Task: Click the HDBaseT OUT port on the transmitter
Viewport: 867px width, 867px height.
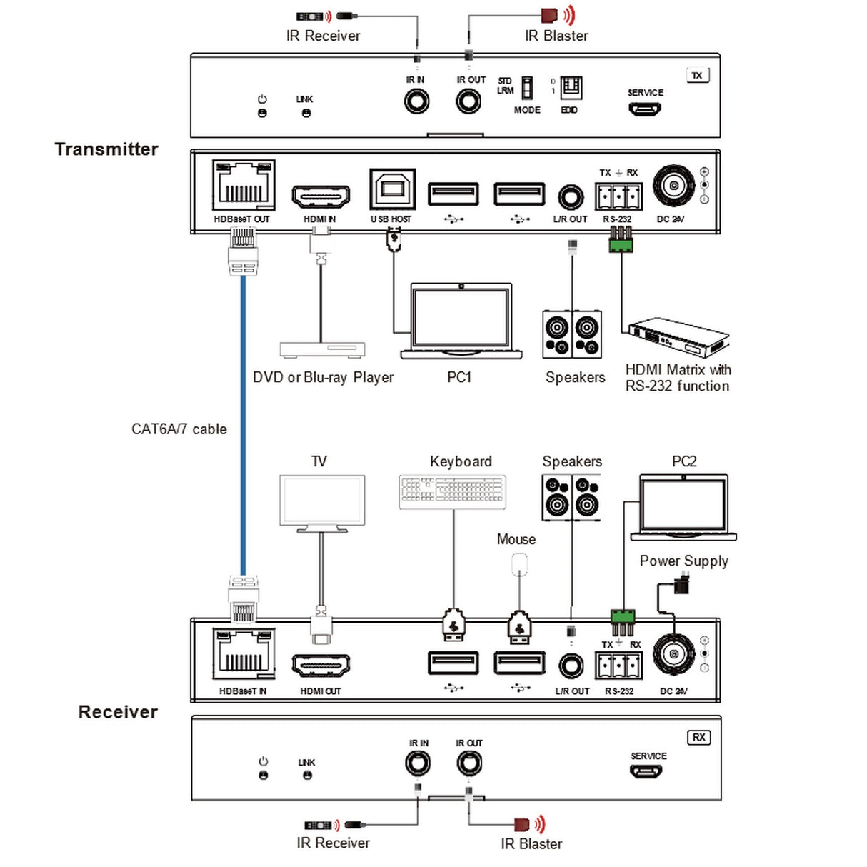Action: click(x=244, y=185)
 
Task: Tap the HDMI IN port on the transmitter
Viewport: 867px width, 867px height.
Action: click(x=321, y=196)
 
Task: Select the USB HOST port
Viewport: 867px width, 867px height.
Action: click(x=392, y=189)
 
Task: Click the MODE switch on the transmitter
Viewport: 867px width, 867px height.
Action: click(x=527, y=89)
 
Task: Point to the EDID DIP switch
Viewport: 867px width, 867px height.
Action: click(x=571, y=88)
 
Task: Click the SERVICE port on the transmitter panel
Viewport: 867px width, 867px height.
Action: click(x=644, y=109)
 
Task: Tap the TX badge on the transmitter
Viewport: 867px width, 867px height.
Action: click(x=697, y=75)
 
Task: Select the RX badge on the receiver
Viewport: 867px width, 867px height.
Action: click(x=698, y=737)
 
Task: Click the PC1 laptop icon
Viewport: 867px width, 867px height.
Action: click(x=461, y=321)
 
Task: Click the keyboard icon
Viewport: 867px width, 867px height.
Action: click(x=453, y=492)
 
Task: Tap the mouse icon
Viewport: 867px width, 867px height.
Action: click(x=519, y=565)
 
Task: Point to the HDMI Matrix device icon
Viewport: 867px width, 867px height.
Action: click(x=678, y=337)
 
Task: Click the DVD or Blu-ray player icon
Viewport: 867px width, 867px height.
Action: click(x=322, y=349)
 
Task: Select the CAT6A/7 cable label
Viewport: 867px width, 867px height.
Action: click(x=179, y=429)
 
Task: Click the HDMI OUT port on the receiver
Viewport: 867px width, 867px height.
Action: click(x=321, y=666)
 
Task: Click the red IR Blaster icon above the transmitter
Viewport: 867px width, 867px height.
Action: click(x=549, y=15)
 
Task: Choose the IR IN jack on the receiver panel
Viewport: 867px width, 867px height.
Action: click(x=418, y=764)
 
